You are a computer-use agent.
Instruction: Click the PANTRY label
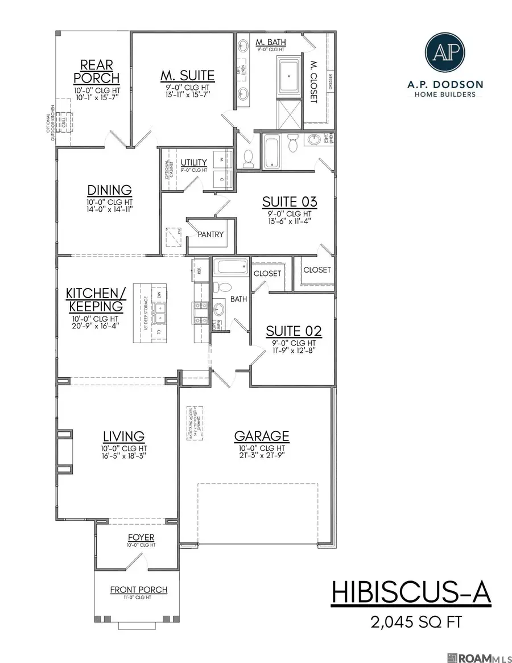[x=211, y=234]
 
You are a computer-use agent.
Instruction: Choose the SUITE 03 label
[x=289, y=202]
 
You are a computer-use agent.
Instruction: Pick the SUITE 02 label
[x=294, y=331]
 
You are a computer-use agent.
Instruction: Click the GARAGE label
[x=262, y=436]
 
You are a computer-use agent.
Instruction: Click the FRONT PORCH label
[x=139, y=590]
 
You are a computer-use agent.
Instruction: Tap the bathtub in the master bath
[x=289, y=74]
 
